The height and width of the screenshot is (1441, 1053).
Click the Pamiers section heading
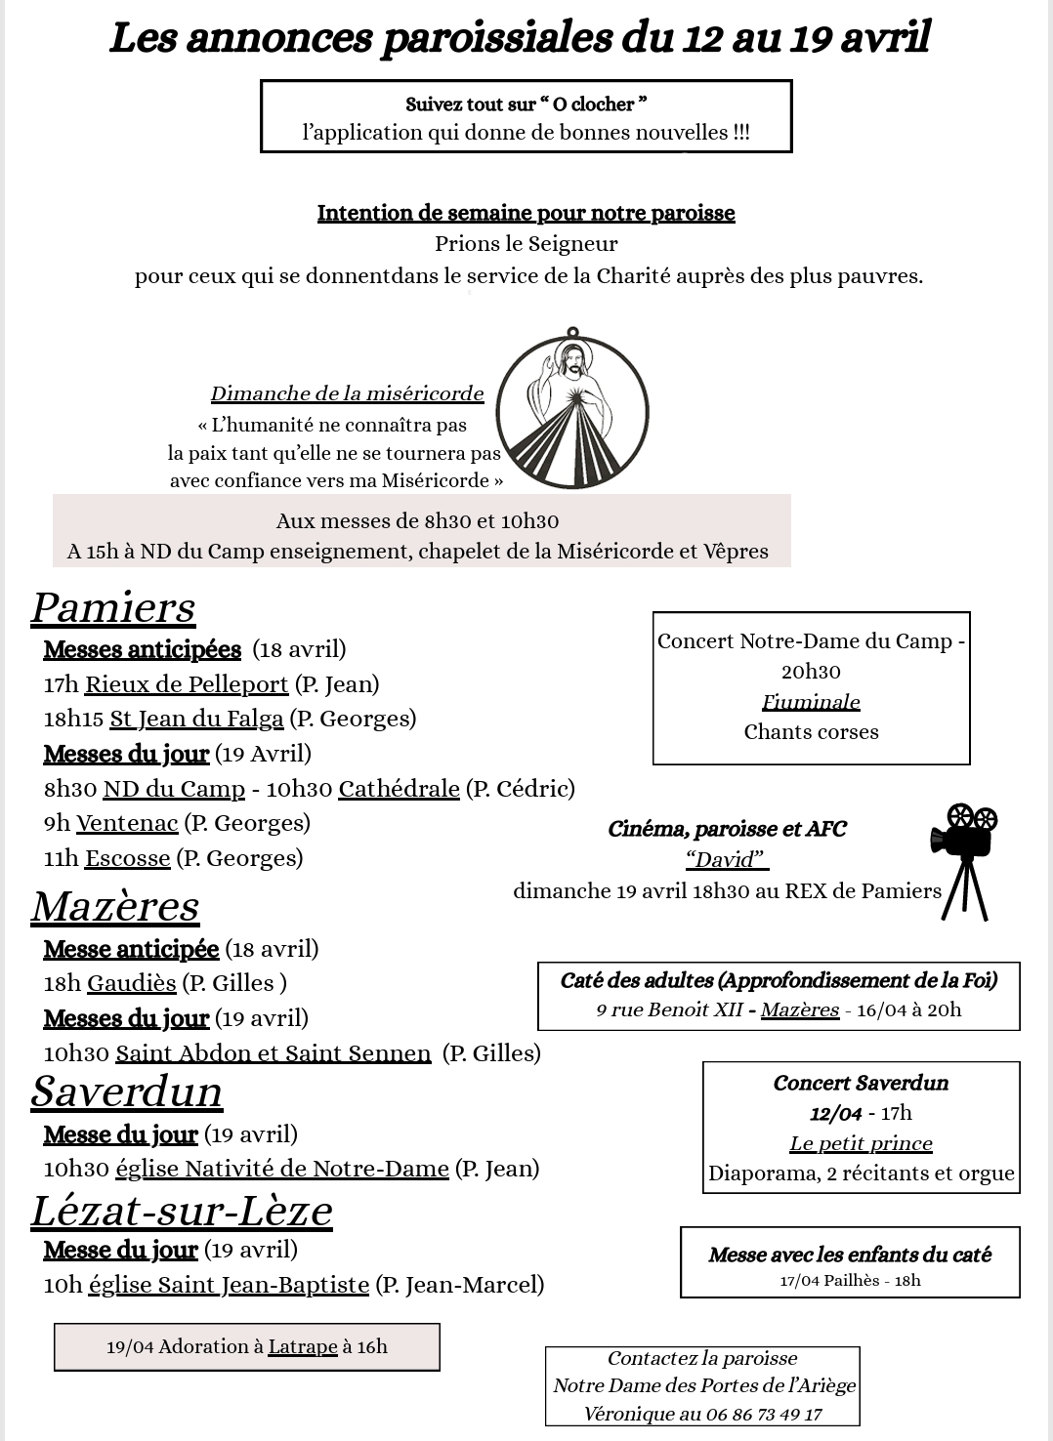coord(113,607)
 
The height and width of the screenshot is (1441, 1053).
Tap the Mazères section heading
coord(115,906)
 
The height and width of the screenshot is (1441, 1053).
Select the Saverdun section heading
coord(127,1091)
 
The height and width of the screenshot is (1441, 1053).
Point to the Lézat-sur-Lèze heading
coord(182,1211)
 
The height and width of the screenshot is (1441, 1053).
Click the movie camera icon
coord(963,860)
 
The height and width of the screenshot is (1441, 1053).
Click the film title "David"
coord(726,859)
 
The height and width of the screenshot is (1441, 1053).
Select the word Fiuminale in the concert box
coord(811,702)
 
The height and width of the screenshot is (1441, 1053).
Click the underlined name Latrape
coord(303,1347)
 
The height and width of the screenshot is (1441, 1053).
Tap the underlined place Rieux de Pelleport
coord(187,684)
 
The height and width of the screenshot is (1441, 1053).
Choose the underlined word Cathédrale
coord(399,789)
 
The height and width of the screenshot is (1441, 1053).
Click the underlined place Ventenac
coord(127,823)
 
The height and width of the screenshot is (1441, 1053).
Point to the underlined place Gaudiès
coord(132,983)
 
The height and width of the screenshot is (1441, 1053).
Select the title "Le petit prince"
coord(861,1143)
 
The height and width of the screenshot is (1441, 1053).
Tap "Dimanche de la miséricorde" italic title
coord(347,394)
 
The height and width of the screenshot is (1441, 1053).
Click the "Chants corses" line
coord(811,732)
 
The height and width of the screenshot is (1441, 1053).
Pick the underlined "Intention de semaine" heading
coord(526,213)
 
